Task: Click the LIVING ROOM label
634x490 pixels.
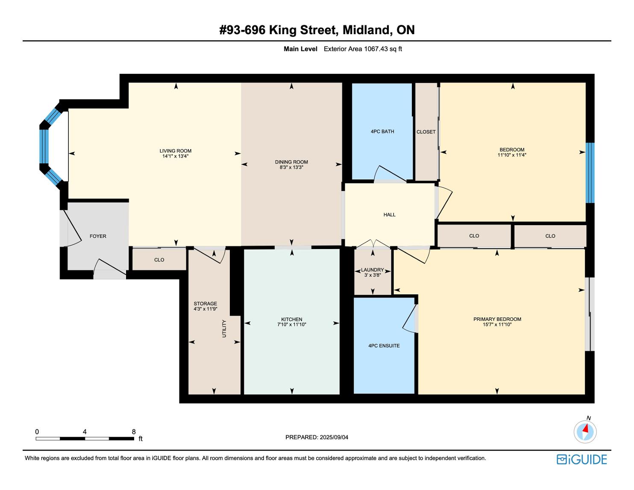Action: [x=175, y=151]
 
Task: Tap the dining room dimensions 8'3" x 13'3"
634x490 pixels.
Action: [x=291, y=167]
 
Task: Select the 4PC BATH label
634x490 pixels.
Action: [x=382, y=132]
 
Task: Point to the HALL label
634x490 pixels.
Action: [x=390, y=214]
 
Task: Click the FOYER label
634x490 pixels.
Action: [x=98, y=236]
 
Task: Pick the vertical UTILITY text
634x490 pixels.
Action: [x=224, y=329]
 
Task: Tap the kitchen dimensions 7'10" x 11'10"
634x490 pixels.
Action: [x=292, y=324]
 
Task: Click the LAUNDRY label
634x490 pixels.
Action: [x=372, y=270]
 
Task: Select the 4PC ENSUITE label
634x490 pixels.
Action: [x=384, y=346]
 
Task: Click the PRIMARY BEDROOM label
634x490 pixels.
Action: [x=497, y=319]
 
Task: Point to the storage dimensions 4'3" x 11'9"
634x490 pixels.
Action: [x=205, y=309]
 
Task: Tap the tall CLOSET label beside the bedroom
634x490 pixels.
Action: [x=426, y=132]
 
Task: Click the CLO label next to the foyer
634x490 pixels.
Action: [x=159, y=260]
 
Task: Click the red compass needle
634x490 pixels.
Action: [x=585, y=428]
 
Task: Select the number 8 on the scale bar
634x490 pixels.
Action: [x=134, y=431]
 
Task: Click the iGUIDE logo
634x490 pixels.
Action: [x=582, y=459]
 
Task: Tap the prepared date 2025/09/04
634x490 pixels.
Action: [x=334, y=437]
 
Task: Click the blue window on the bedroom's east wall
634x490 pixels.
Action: [x=590, y=173]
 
